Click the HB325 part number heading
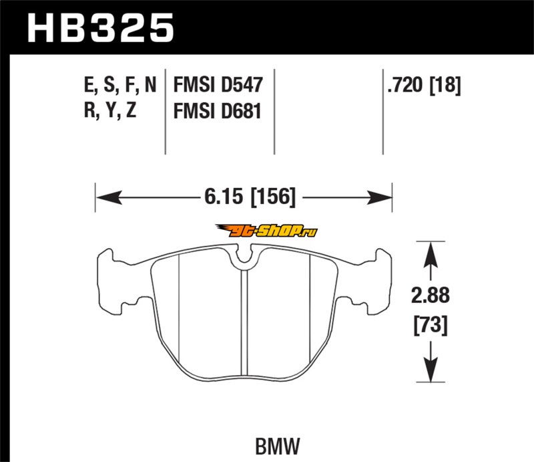pyautogui.click(x=101, y=28)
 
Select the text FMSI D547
pyautogui.click(x=218, y=85)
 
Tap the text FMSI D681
pyautogui.click(x=218, y=111)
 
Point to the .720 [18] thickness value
pyautogui.click(x=424, y=85)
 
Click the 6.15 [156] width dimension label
pyautogui.click(x=250, y=197)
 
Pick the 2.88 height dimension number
pyautogui.click(x=431, y=295)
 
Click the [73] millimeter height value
pyautogui.click(x=431, y=325)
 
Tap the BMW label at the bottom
pyautogui.click(x=278, y=446)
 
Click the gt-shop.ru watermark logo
pyautogui.click(x=266, y=231)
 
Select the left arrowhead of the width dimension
pyautogui.click(x=109, y=197)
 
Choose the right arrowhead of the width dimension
pyautogui.click(x=379, y=197)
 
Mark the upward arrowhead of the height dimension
pyautogui.click(x=431, y=255)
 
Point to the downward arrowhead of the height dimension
pyautogui.click(x=431, y=369)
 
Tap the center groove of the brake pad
pyautogui.click(x=244, y=322)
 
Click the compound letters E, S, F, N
pyautogui.click(x=120, y=85)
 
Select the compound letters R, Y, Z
pyautogui.click(x=110, y=110)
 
